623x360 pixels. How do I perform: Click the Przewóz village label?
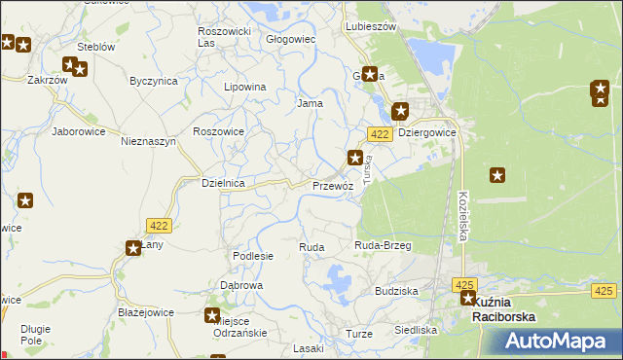pyautogui.click(x=332, y=185)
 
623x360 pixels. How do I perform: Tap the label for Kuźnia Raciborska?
pyautogui.click(x=503, y=308)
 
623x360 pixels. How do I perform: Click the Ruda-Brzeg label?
pyautogui.click(x=383, y=246)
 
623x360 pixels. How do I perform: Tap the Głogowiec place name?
pyautogui.click(x=291, y=40)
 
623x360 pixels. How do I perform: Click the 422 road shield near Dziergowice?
pyautogui.click(x=380, y=133)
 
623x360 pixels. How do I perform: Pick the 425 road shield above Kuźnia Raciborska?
pyautogui.click(x=463, y=283)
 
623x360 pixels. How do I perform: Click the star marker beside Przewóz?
pyautogui.click(x=356, y=157)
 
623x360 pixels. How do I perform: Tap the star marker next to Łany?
pyautogui.click(x=133, y=248)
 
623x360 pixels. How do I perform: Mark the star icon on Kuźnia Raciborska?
pyautogui.click(x=468, y=300)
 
